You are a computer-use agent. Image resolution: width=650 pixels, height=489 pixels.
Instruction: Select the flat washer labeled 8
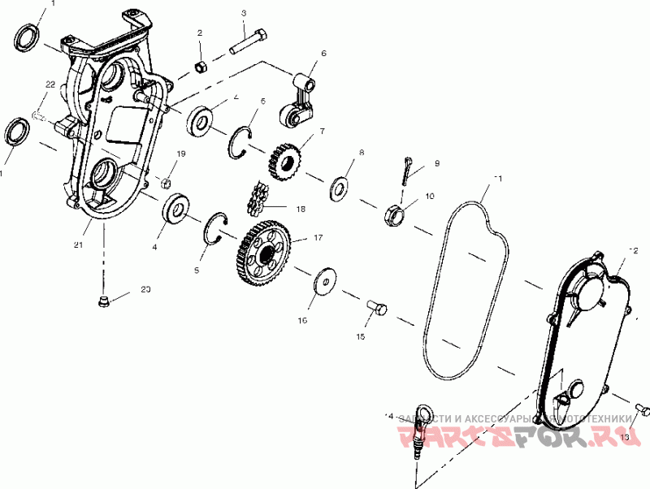tap(340, 188)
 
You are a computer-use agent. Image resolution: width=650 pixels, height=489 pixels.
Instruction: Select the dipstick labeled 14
tap(421, 431)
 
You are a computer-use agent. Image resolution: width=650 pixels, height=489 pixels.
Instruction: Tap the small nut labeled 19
tap(164, 180)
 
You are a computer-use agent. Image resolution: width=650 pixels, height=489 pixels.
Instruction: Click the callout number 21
tap(78, 244)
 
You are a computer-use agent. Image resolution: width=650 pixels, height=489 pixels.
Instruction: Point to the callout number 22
tap(50, 84)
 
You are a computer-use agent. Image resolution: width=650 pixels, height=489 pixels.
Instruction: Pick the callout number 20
tap(145, 289)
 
